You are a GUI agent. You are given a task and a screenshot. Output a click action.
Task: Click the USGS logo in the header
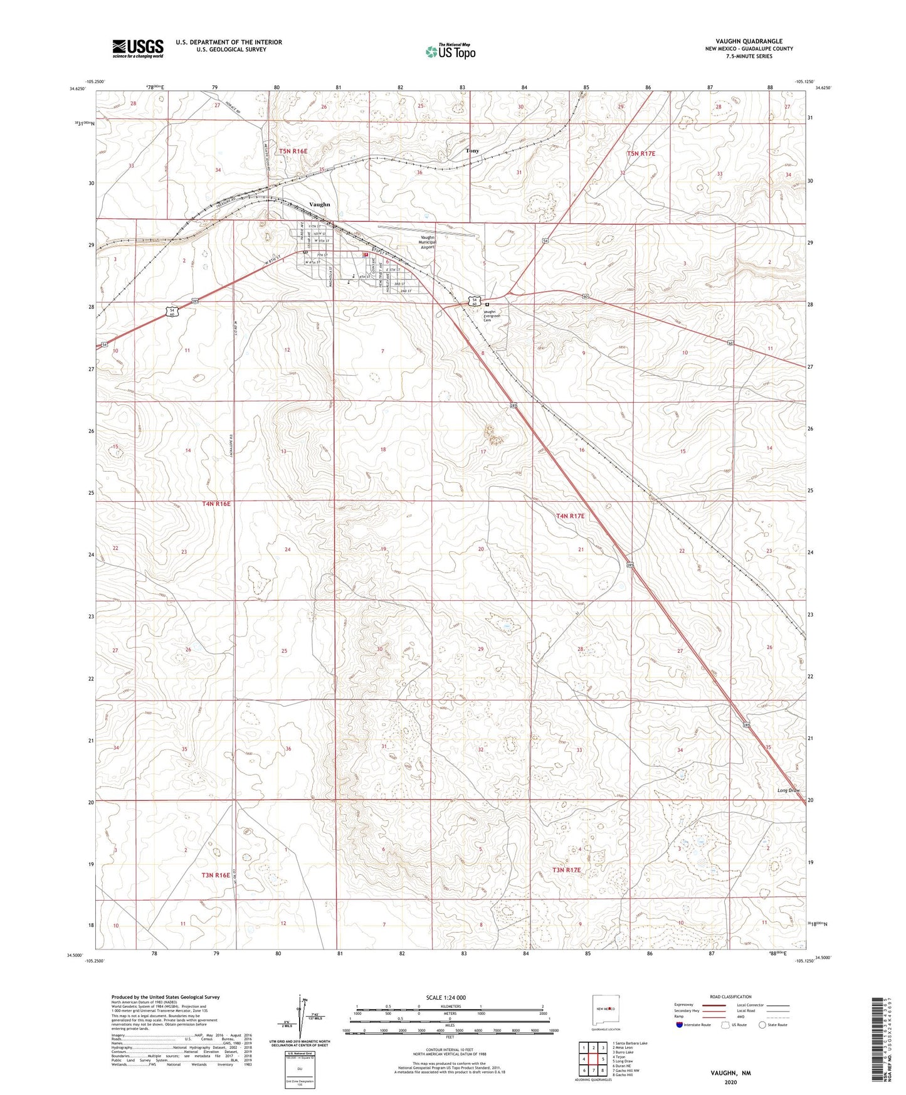click(138, 48)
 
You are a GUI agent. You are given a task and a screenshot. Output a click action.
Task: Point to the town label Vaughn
click(320, 204)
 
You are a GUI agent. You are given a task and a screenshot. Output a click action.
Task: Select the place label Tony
click(472, 151)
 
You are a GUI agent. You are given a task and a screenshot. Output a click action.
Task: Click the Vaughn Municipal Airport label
click(427, 242)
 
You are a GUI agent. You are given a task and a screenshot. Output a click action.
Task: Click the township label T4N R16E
click(216, 504)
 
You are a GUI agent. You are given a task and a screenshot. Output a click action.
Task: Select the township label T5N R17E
click(641, 154)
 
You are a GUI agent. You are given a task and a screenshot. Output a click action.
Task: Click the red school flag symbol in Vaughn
click(365, 255)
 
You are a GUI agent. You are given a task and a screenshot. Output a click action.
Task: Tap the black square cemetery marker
click(487, 305)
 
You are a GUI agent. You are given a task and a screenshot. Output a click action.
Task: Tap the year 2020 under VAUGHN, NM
click(730, 1082)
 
